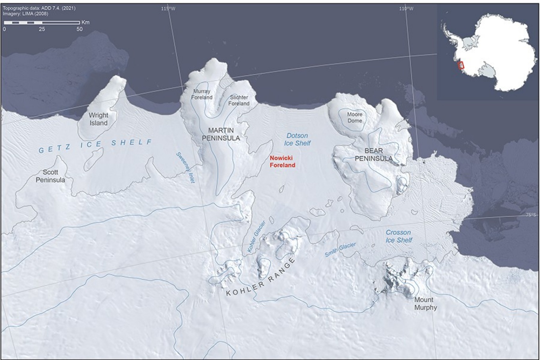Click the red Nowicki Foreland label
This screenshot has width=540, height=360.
(x=283, y=161)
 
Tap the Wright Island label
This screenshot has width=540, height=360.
(x=98, y=119)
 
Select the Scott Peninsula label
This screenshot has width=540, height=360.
(x=50, y=176)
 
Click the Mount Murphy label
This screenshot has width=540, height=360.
(x=425, y=304)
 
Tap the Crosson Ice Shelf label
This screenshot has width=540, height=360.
(x=399, y=236)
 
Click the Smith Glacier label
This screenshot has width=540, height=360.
(x=340, y=250)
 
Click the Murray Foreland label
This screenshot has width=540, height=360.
(x=202, y=94)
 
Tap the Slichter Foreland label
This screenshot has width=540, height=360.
(x=239, y=101)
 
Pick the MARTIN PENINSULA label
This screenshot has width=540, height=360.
(x=221, y=134)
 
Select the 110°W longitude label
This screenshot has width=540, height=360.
(x=406, y=8)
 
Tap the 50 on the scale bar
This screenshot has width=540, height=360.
(x=79, y=29)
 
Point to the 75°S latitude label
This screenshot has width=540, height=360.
(x=531, y=215)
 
